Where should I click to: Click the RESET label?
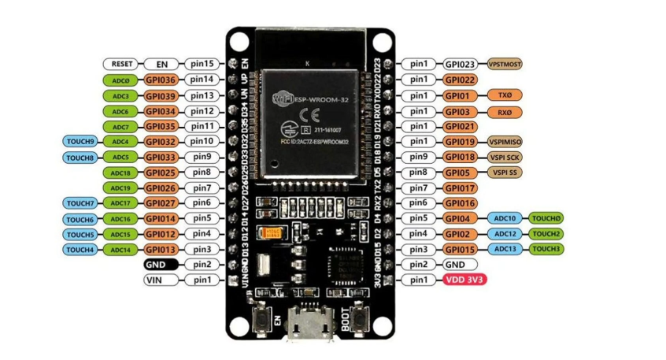[122, 64]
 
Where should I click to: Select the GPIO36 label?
[163, 80]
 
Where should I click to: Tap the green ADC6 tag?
[120, 111]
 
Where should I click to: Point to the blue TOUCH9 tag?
[80, 142]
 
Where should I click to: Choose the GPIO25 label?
[163, 173]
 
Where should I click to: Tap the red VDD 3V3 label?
[464, 280]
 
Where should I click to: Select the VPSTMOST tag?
[505, 64]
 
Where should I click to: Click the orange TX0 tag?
[505, 95]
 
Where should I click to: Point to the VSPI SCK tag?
[505, 157]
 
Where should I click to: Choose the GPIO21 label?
[461, 126]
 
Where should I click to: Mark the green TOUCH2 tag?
[546, 234]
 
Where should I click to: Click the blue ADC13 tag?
[505, 249]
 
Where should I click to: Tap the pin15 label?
[202, 64]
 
